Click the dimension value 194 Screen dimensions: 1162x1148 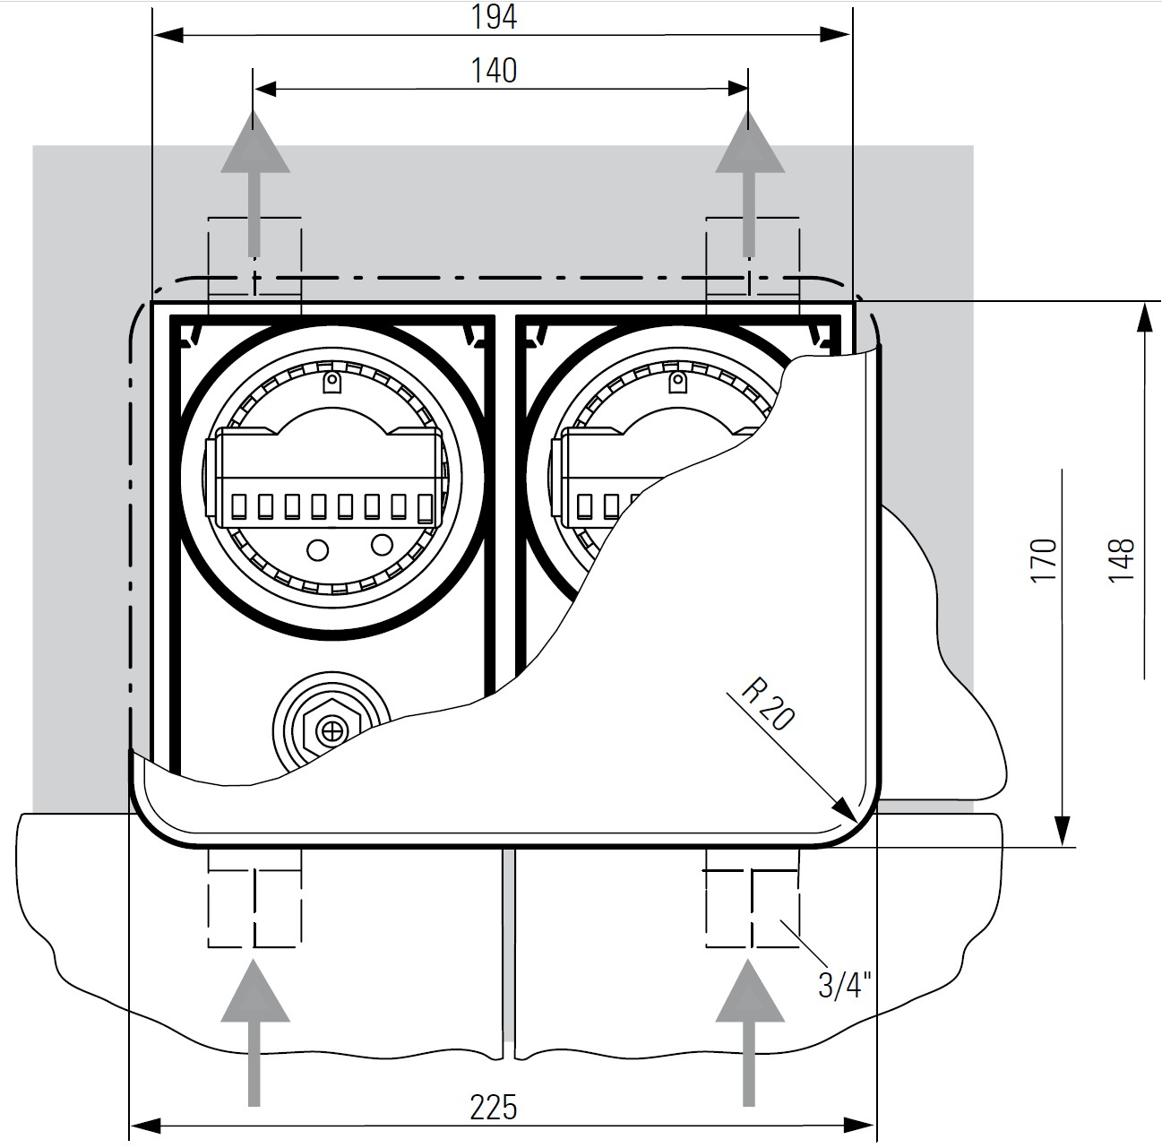click(x=494, y=18)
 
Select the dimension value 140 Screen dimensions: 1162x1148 click(x=494, y=71)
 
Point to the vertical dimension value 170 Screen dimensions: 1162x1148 click(x=1044, y=560)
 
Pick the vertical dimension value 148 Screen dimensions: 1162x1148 click(x=1121, y=560)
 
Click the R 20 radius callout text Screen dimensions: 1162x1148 click(x=767, y=704)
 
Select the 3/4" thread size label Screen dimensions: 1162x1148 click(x=844, y=986)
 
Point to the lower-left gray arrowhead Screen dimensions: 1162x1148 click(x=255, y=991)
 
